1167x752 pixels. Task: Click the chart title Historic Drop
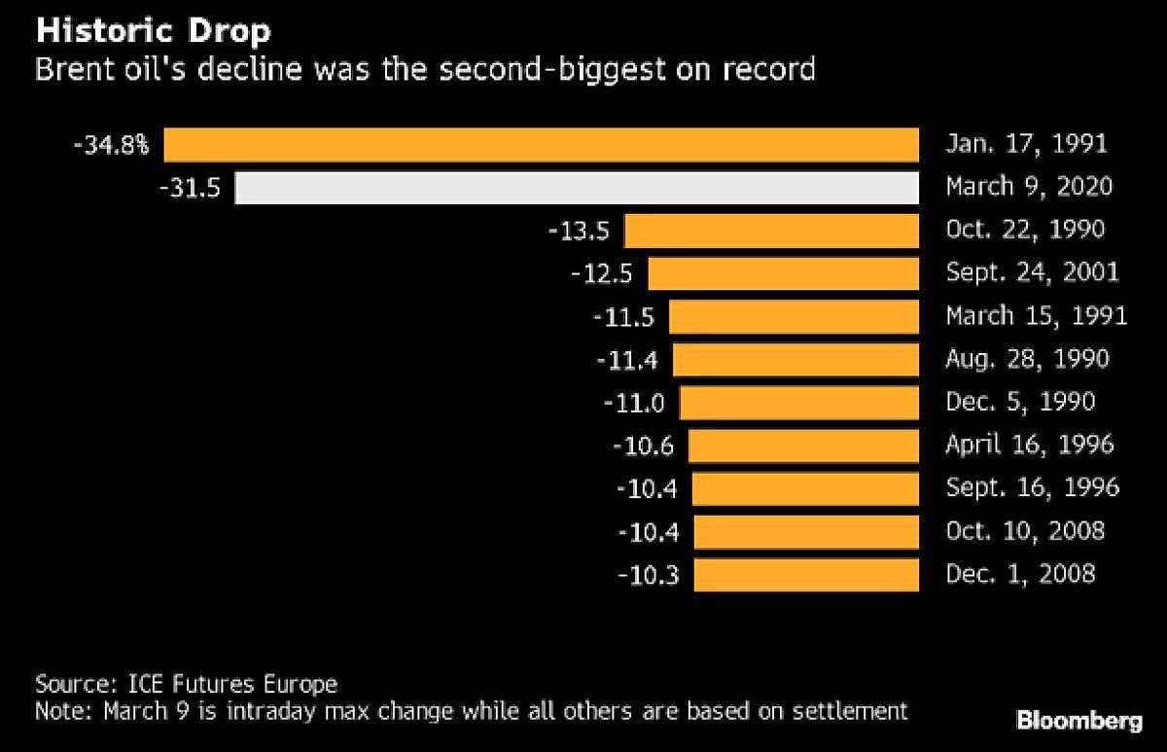(153, 31)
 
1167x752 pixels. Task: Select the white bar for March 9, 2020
(577, 187)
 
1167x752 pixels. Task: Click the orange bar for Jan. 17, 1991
(541, 145)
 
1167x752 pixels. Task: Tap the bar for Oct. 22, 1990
(771, 231)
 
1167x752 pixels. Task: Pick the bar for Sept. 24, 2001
(783, 273)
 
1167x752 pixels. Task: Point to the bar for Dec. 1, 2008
(806, 574)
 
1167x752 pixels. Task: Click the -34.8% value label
(111, 146)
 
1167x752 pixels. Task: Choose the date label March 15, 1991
(1036, 316)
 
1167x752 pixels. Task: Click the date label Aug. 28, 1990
(1027, 359)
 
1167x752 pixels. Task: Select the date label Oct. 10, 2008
(1025, 531)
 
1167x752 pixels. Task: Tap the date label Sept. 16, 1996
(1032, 487)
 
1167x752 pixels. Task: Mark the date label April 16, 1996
(1030, 445)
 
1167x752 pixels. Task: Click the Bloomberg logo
(1079, 721)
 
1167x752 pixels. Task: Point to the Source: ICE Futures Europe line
(186, 682)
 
